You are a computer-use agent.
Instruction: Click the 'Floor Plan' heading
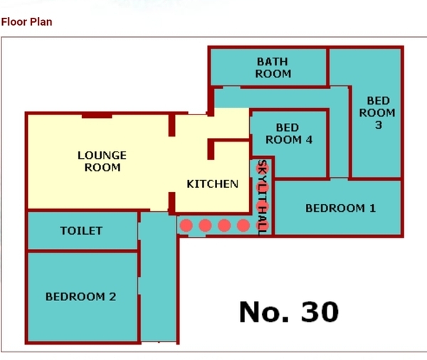tap(27, 22)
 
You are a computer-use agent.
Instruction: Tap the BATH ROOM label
tap(273, 68)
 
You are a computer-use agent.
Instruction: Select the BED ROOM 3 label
tap(377, 112)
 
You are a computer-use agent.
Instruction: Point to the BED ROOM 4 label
tap(289, 134)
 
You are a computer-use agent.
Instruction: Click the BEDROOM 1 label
tap(340, 208)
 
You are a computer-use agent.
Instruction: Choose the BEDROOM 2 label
tap(80, 297)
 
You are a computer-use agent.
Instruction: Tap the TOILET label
tap(81, 231)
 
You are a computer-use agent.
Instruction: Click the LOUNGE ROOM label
tap(102, 162)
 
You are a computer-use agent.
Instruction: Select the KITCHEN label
tap(212, 184)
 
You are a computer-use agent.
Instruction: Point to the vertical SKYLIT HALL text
tap(262, 197)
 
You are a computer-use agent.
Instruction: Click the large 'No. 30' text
tap(289, 312)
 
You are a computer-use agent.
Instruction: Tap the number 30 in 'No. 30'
tap(320, 312)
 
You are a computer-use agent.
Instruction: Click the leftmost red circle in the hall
tap(186, 226)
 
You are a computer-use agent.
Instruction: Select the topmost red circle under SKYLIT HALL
tap(263, 169)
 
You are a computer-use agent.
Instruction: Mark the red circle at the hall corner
tap(263, 226)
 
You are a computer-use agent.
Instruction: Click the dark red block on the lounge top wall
tap(97, 116)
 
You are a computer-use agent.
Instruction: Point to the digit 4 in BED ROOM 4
tap(309, 139)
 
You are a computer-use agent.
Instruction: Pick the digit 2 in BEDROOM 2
tap(112, 297)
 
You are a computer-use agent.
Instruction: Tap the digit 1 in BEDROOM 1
tap(372, 208)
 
